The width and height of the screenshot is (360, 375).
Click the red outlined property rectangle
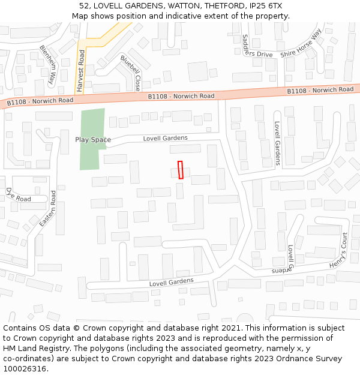coord(180,170)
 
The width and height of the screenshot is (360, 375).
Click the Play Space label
coord(92,140)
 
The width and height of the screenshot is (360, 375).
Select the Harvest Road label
coord(80,71)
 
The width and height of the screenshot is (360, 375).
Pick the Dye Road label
coord(18,195)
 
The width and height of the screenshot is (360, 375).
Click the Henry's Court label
coord(338,250)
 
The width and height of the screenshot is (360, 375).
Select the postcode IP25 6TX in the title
coord(266,6)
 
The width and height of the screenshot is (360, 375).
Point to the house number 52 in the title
coord(83,6)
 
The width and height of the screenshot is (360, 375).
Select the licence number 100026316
coord(25,368)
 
